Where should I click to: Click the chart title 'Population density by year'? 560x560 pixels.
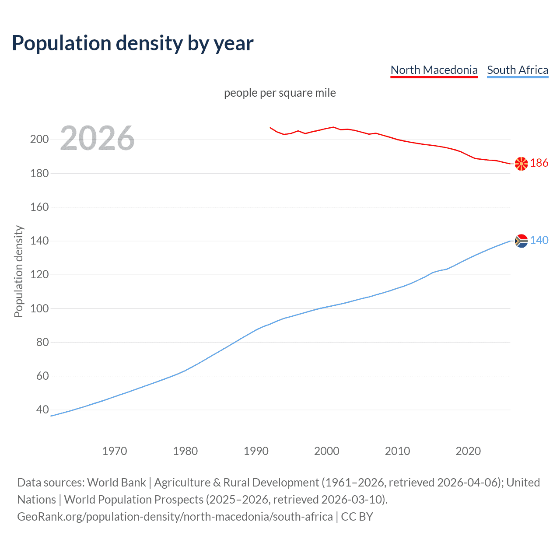pos(133,43)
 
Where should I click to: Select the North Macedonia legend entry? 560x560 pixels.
pos(434,70)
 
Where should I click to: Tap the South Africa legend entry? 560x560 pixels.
pos(517,70)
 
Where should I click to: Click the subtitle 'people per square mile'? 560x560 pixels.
pos(280,93)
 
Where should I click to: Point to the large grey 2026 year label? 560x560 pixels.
pos(97,138)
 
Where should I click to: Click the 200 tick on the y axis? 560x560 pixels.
pos(39,140)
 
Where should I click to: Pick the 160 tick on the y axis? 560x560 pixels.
pos(39,207)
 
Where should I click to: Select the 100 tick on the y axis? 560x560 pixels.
pos(39,308)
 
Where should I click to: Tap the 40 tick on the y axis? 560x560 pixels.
pos(42,409)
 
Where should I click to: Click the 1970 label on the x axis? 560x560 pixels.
pos(115,451)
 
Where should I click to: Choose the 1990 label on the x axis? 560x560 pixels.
pos(256,451)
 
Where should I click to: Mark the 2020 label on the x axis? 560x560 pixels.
pos(468,451)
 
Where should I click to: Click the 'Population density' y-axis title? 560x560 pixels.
pos(18,271)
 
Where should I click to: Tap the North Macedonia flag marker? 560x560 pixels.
pos(521,164)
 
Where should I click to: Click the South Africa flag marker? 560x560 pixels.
pos(521,241)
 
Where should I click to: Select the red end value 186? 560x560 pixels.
pos(539,163)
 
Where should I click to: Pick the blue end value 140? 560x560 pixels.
pos(539,240)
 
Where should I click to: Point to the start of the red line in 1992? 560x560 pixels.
pos(270,128)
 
